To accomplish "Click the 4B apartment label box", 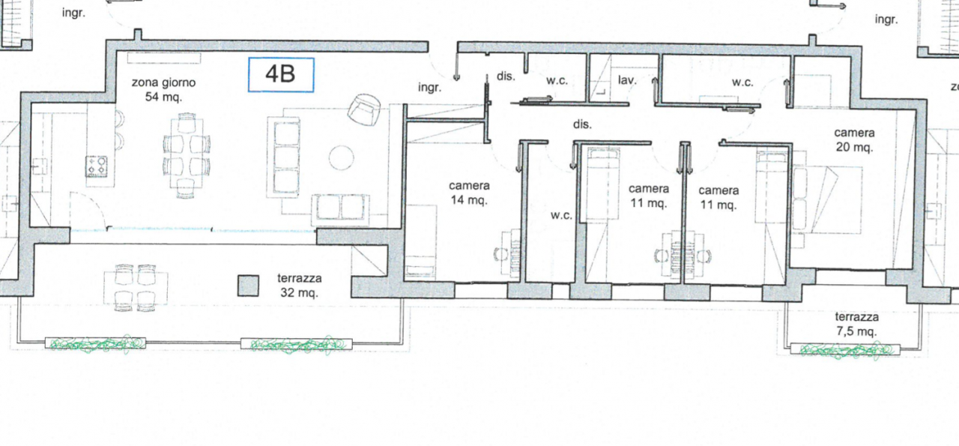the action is (281, 75).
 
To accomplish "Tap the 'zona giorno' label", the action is (163, 82).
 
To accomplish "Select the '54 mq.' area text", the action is (163, 97).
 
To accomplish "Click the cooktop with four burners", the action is (97, 166).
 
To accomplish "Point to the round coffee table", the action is (341, 157).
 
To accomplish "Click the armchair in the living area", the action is (364, 109).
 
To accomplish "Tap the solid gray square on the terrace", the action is (248, 286).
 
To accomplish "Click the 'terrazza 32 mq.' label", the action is (299, 286).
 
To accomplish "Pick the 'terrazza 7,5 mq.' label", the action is (856, 324).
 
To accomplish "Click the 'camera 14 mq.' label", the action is (469, 193).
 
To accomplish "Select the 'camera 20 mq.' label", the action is (854, 140).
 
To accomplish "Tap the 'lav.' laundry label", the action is (627, 79).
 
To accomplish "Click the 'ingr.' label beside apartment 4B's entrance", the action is (430, 88).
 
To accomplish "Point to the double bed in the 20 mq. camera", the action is (827, 199).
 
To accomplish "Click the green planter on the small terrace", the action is (845, 350).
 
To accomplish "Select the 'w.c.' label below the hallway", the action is (561, 215).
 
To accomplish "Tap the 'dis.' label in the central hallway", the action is (582, 124).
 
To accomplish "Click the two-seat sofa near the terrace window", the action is (340, 209).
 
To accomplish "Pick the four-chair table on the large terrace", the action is (136, 287).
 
